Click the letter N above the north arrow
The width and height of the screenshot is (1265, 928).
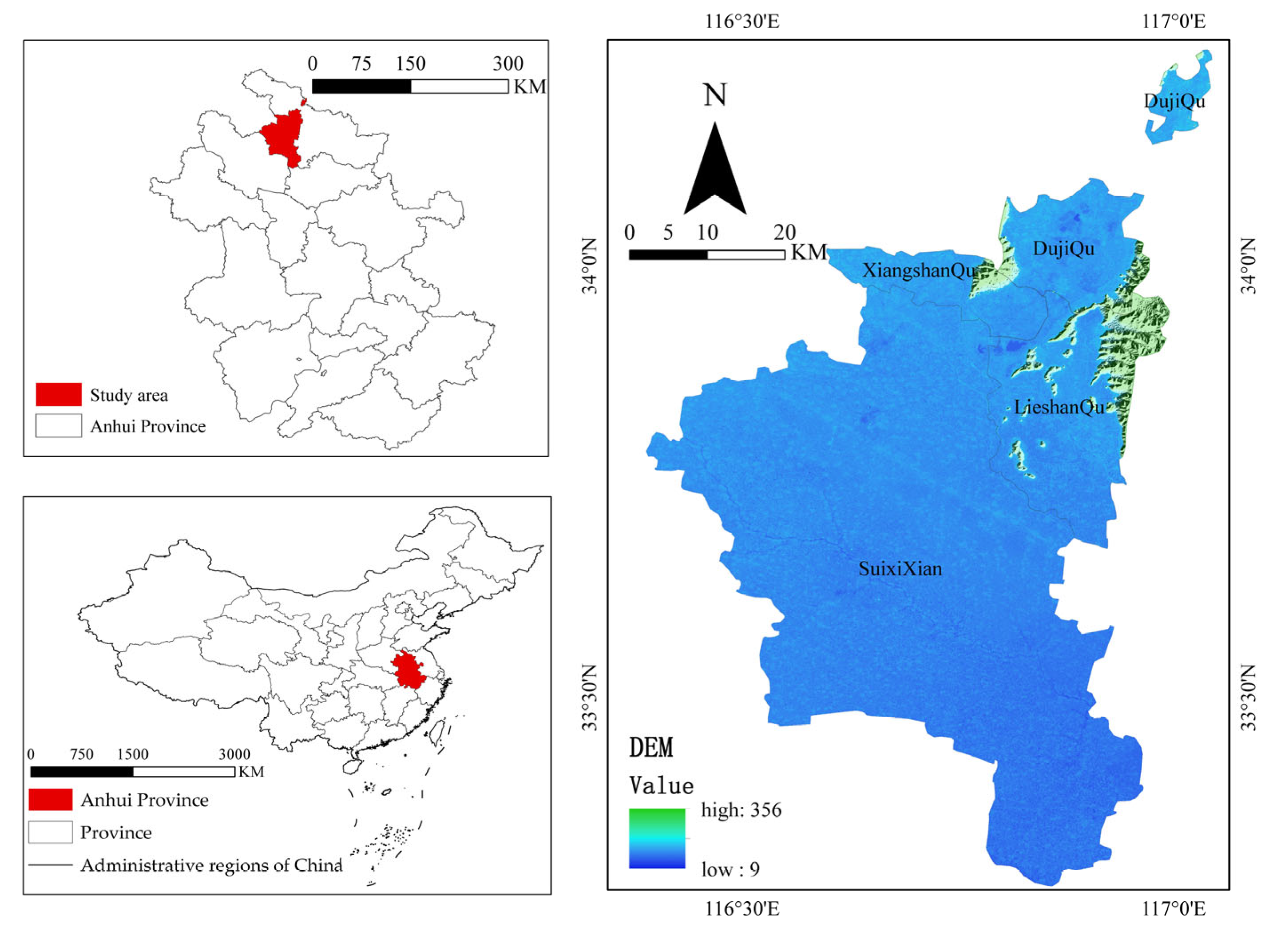[x=714, y=95]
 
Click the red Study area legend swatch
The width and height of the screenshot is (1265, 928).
[x=59, y=394]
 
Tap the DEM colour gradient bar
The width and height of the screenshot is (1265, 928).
[x=657, y=838]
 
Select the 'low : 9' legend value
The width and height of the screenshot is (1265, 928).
[x=730, y=869]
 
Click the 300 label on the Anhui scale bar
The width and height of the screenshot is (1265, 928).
[x=508, y=63]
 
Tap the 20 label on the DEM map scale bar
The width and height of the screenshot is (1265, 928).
[x=784, y=232]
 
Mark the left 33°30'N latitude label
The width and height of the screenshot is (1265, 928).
[x=590, y=697]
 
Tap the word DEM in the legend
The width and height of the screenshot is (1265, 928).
[x=651, y=748]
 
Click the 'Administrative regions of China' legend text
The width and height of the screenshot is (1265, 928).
[x=211, y=865]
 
